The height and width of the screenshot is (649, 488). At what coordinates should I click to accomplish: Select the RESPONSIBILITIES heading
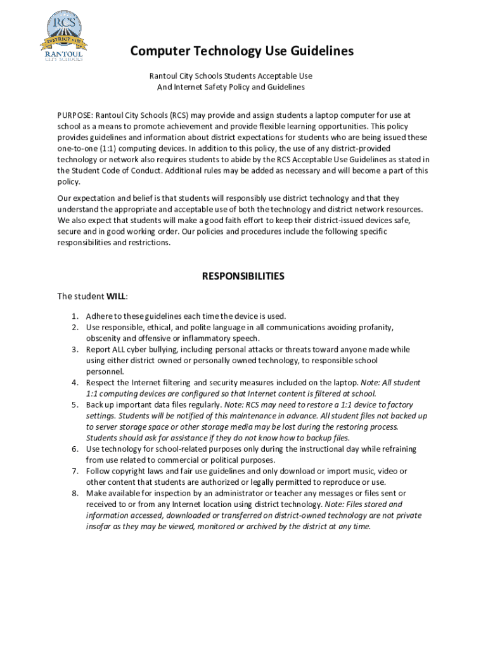pyautogui.click(x=243, y=276)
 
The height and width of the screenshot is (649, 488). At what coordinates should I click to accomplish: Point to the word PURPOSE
pyautogui.click(x=75, y=115)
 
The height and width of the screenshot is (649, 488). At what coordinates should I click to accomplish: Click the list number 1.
pyautogui.click(x=74, y=316)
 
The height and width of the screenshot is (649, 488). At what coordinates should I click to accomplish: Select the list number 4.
pyautogui.click(x=74, y=383)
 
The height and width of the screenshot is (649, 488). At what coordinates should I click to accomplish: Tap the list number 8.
pyautogui.click(x=74, y=493)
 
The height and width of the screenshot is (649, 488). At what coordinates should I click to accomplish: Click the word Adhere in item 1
pyautogui.click(x=100, y=316)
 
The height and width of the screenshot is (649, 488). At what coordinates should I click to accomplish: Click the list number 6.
pyautogui.click(x=74, y=449)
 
